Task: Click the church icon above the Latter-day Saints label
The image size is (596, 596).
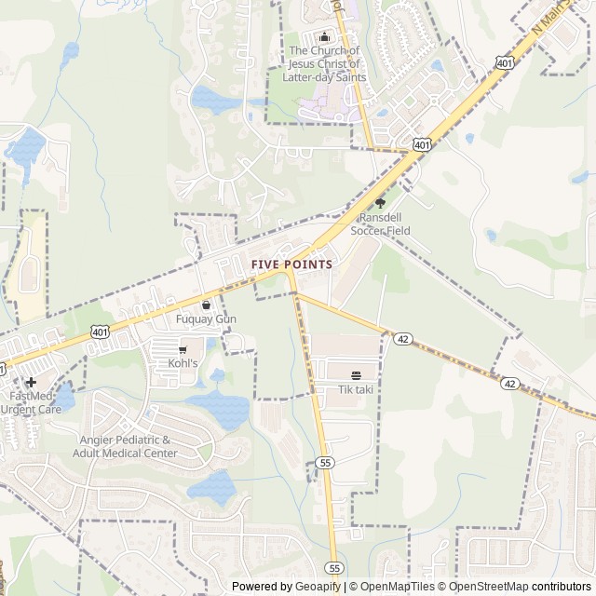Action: coord(324,36)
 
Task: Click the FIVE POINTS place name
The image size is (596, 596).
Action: coord(291,264)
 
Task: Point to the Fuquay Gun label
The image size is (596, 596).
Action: coord(206,318)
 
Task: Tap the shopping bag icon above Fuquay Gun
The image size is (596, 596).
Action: coord(206,305)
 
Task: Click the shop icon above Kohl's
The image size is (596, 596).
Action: coord(183,349)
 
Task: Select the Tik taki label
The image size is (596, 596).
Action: coord(355,388)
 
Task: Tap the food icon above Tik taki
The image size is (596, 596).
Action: coord(355,375)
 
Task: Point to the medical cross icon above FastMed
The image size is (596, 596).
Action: coord(31,382)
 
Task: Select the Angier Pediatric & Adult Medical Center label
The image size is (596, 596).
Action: coord(125,446)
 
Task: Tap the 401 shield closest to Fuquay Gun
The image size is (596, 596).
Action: coord(100,332)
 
